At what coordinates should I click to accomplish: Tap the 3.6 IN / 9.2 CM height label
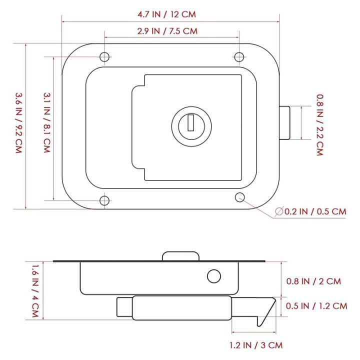(x=18, y=123)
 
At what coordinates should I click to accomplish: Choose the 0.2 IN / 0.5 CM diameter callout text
(x=315, y=211)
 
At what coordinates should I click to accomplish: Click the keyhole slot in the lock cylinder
(x=191, y=122)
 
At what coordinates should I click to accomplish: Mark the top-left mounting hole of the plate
(x=104, y=56)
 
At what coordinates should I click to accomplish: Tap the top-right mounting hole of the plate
(x=240, y=56)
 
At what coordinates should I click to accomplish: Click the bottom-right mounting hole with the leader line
(x=240, y=196)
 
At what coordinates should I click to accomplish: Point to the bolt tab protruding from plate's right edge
(x=284, y=122)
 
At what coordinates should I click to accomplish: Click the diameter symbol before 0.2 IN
(x=278, y=212)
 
